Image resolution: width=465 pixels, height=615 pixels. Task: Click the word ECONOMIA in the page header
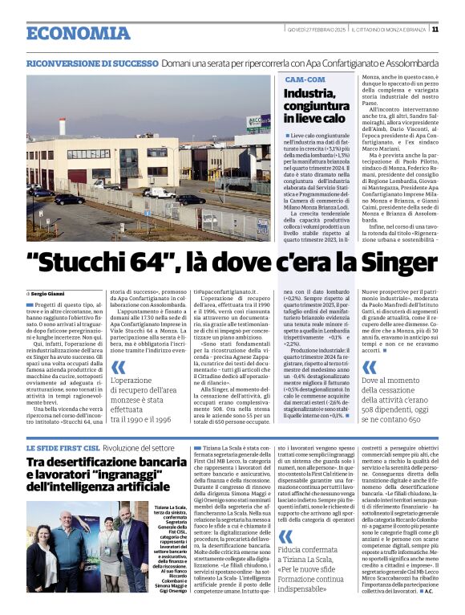pyautogui.click(x=67, y=33)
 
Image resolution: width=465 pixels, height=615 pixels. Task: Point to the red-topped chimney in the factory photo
pyautogui.click(x=63, y=126)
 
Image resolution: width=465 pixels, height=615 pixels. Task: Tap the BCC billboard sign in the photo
pyautogui.click(x=258, y=123)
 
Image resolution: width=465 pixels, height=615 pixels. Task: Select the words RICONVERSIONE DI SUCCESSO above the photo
pyautogui.click(x=91, y=63)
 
